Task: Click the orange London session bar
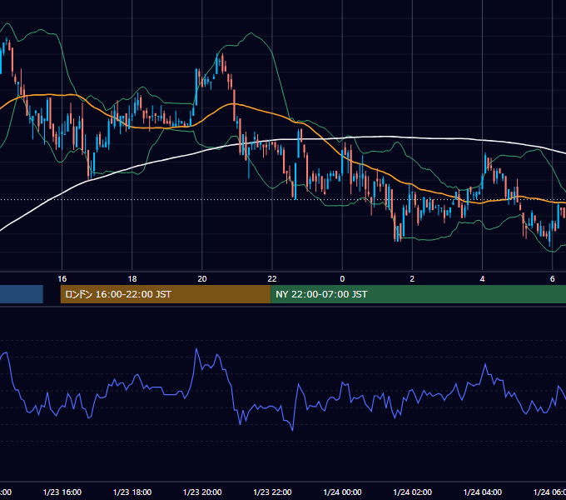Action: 166,294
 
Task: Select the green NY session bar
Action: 419,294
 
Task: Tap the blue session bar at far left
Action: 22,294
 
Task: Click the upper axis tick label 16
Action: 62,279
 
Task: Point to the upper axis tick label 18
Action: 132,279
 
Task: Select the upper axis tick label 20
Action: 202,279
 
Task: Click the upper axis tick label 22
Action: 272,279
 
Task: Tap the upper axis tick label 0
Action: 342,279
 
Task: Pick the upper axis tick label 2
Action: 412,279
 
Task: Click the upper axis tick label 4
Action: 482,279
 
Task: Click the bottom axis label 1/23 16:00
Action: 62,492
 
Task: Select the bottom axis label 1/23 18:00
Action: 132,492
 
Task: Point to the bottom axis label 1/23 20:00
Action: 202,492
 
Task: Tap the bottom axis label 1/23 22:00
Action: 272,492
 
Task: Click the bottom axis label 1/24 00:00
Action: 342,492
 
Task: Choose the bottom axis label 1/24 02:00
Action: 412,492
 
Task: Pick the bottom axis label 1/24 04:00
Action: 482,492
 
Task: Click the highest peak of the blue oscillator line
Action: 196,349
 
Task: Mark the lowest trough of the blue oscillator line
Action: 292,430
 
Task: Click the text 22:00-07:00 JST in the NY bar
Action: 330,294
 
